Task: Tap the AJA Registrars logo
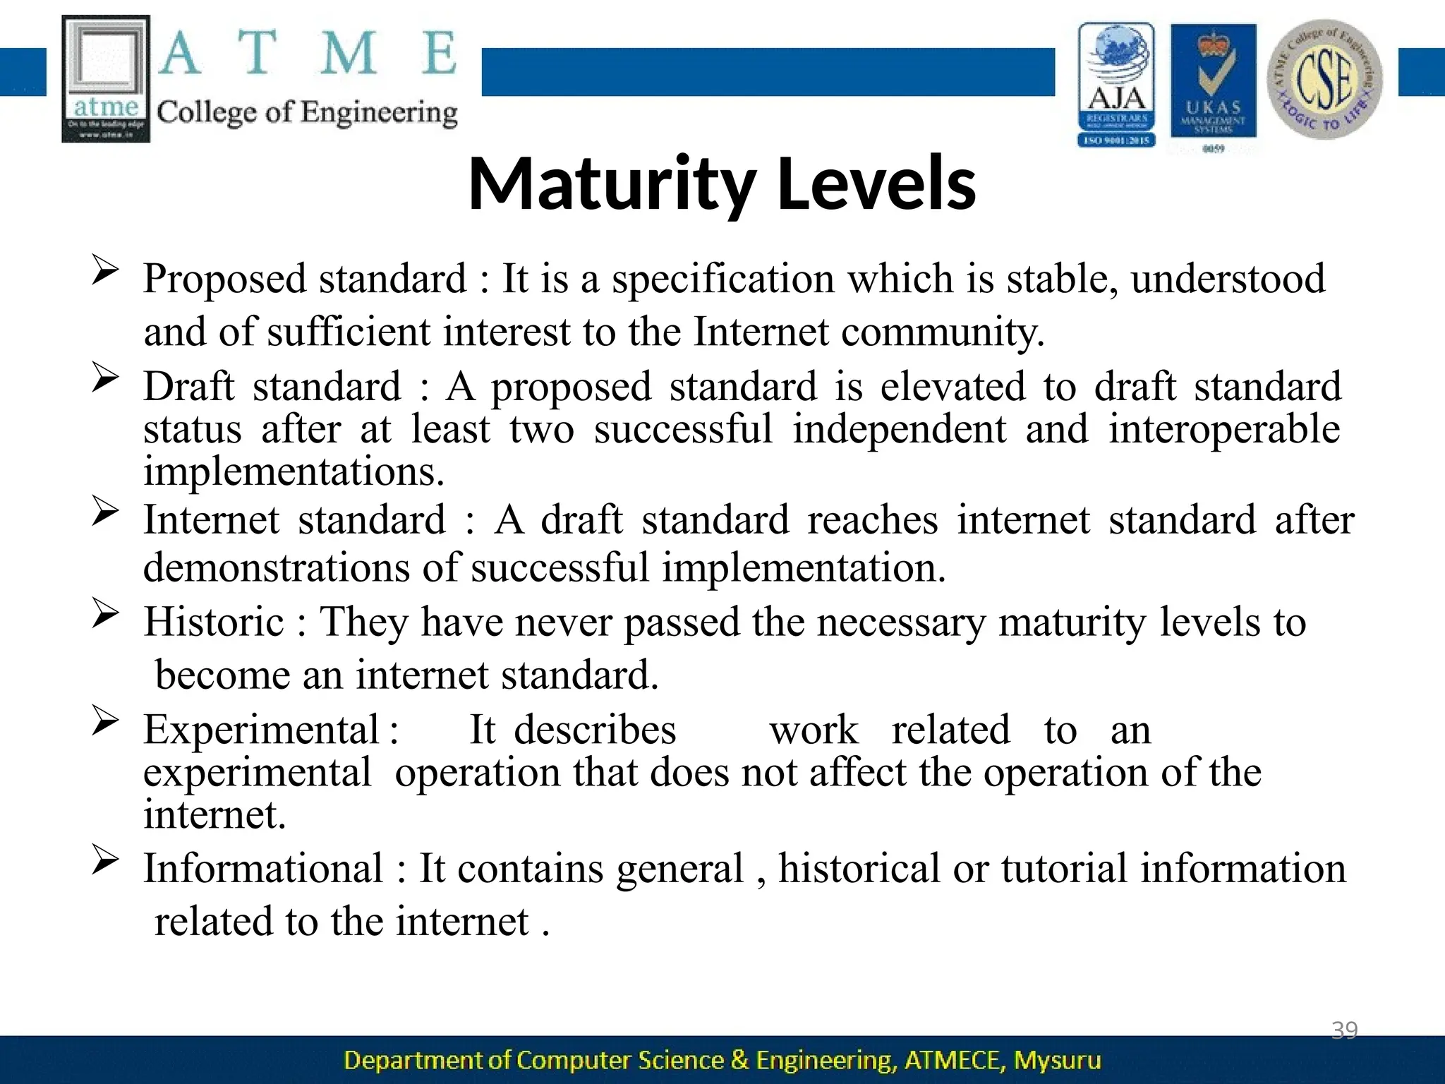pos(1116,85)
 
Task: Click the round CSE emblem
pos(1324,79)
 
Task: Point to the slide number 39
pos(1344,1030)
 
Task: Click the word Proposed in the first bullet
pos(224,279)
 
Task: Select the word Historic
pos(214,622)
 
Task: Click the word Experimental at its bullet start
pos(262,730)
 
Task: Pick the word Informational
pos(262,869)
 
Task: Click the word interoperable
pos(1223,429)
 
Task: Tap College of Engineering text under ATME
pos(307,113)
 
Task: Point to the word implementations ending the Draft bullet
pos(294,471)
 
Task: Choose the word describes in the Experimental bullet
pos(594,730)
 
